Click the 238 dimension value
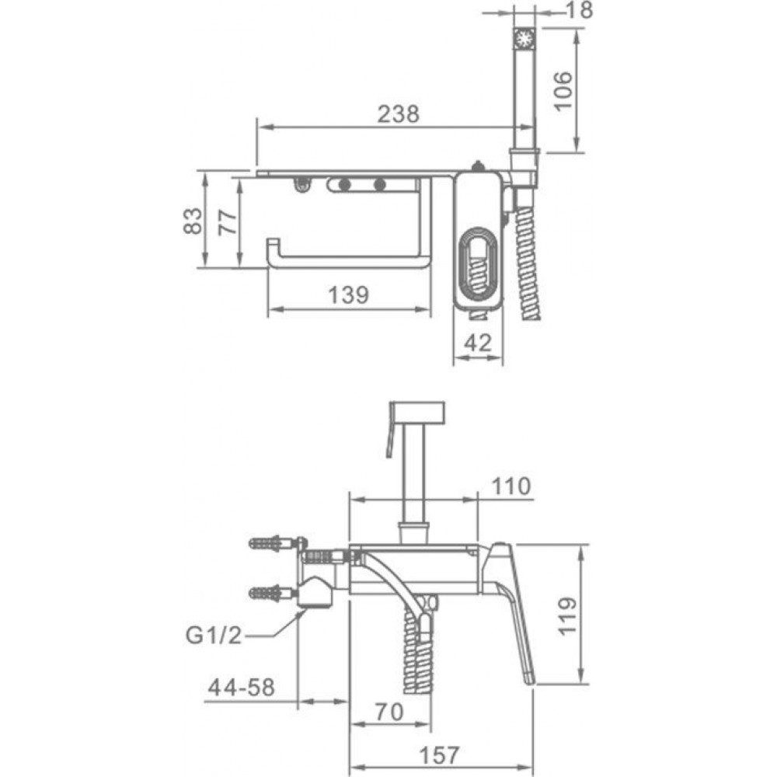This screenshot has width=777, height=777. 398,114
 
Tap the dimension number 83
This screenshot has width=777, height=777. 193,219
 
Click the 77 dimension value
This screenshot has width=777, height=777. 228,221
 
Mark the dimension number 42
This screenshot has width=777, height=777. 478,343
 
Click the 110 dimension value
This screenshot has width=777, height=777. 510,487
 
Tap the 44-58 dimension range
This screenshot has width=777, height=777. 242,688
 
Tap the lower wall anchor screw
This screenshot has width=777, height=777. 272,594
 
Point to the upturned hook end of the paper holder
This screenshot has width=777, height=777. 273,251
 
